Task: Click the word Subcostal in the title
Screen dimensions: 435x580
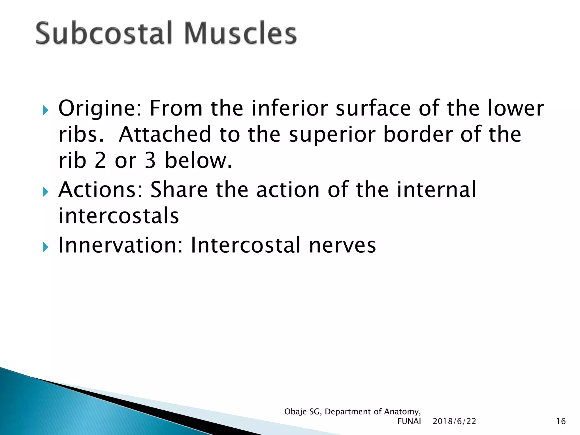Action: pyautogui.click(x=104, y=33)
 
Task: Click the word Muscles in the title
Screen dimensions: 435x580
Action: pyautogui.click(x=240, y=33)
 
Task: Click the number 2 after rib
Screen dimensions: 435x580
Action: pyautogui.click(x=100, y=160)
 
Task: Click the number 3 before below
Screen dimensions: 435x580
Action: pyautogui.click(x=150, y=160)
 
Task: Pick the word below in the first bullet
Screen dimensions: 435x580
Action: pyautogui.click(x=198, y=160)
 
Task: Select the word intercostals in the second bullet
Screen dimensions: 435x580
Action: pyautogui.click(x=119, y=216)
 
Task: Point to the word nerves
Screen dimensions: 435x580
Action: pyautogui.click(x=342, y=245)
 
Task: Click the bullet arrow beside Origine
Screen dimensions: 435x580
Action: pyautogui.click(x=46, y=110)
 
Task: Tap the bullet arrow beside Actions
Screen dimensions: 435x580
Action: pyautogui.click(x=46, y=192)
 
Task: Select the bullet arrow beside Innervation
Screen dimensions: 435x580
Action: pyautogui.click(x=46, y=247)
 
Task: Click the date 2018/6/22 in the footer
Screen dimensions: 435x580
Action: pyautogui.click(x=454, y=421)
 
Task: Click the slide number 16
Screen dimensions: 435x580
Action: pyautogui.click(x=561, y=421)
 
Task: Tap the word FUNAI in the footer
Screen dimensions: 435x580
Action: pyautogui.click(x=409, y=421)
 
